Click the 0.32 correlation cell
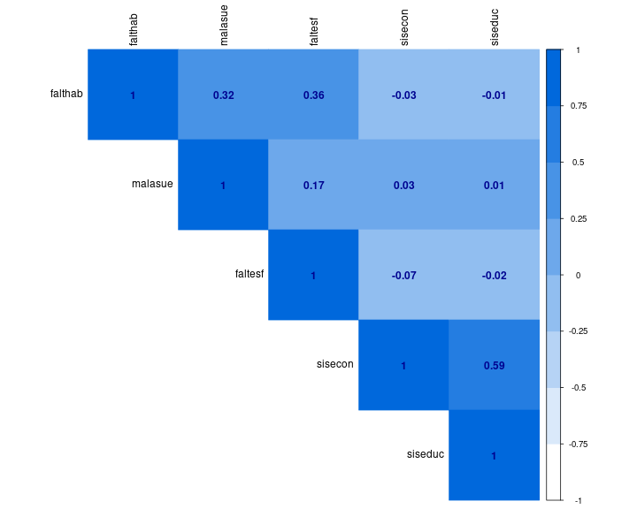coord(223,95)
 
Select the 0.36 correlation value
coord(313,95)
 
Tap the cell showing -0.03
coord(403,95)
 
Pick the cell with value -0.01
coord(494,95)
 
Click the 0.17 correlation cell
coord(313,185)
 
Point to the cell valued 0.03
coord(403,185)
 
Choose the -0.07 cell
coord(403,275)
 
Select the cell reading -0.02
coord(494,275)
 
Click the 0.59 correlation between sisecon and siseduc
coord(494,365)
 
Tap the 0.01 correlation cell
coord(494,185)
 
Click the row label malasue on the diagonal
coord(152,184)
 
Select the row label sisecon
coord(335,364)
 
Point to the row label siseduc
coord(426,454)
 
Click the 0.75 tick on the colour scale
coord(579,106)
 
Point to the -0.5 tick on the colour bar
coord(579,387)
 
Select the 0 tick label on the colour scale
coord(577,275)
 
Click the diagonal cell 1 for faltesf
coord(313,275)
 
